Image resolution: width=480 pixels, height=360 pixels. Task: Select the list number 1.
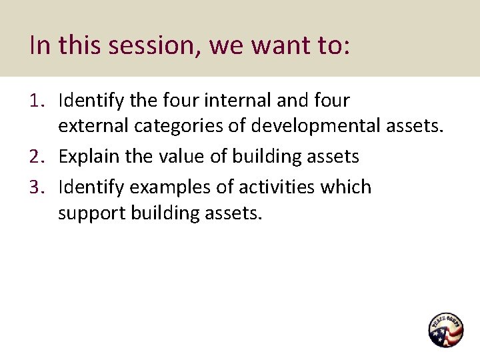point(37,101)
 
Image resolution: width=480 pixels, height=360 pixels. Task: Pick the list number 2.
point(37,157)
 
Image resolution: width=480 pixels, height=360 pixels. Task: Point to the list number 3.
point(37,187)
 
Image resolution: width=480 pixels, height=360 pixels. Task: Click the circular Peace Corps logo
point(445,329)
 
